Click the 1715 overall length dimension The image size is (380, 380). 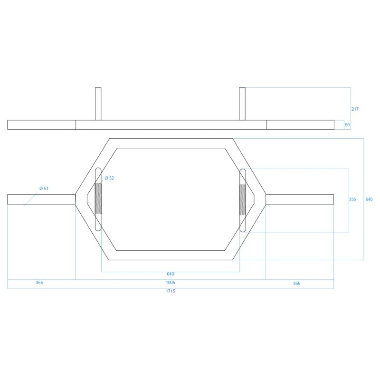(171, 291)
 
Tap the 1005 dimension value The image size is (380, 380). (171, 283)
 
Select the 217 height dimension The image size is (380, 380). (355, 109)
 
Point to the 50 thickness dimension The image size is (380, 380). (347, 125)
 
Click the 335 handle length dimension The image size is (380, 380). (352, 199)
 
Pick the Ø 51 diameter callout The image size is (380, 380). (44, 188)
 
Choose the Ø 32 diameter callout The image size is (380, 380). (109, 178)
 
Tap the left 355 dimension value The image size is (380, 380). (39, 283)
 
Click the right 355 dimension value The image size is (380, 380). (296, 284)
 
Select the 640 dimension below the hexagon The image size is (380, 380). (171, 274)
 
